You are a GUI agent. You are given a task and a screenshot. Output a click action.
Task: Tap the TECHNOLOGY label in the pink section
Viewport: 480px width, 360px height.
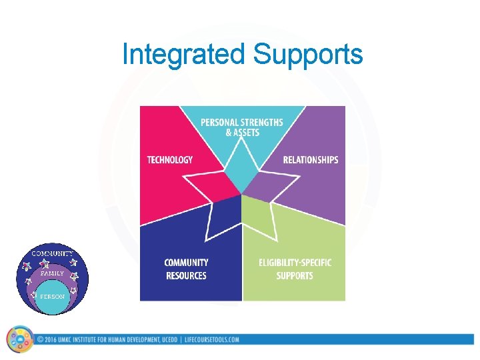[x=170, y=160]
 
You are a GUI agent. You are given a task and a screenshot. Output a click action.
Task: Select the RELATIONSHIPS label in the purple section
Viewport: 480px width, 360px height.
[x=310, y=160]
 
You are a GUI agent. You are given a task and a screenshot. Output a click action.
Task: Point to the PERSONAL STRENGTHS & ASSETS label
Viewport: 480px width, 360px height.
[x=241, y=127]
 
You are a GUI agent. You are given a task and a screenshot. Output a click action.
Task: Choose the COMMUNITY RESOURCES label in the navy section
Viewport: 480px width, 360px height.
[x=186, y=269]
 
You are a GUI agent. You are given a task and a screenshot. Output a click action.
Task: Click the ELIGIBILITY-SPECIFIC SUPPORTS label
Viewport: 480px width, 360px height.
[x=295, y=269]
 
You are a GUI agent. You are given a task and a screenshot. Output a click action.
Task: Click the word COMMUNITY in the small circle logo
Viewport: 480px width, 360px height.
[x=53, y=254]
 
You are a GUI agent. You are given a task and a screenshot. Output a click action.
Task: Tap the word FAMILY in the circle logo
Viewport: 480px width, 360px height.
[x=52, y=273]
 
